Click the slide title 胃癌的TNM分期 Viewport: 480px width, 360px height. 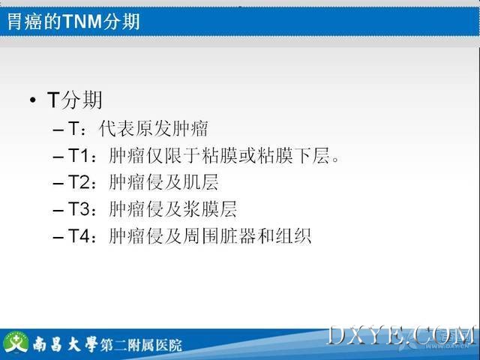[73, 22]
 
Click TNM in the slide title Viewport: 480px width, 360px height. [82, 22]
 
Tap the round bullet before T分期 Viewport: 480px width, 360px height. [33, 100]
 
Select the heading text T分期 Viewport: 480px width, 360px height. [74, 100]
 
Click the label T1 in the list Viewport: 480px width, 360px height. [78, 155]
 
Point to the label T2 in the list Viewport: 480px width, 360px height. [78, 182]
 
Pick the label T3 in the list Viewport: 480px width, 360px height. [78, 209]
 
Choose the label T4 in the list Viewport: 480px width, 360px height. [78, 236]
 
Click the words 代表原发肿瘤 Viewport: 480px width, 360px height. [153, 128]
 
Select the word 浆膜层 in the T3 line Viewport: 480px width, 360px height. [210, 209]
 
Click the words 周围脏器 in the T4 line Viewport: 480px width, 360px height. [219, 236]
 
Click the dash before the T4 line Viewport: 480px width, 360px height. [58, 237]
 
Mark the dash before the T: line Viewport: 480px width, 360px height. [58, 130]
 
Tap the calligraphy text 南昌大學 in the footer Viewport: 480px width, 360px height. [65, 344]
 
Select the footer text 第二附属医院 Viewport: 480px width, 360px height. [141, 345]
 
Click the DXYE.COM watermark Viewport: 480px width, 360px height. [402, 337]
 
